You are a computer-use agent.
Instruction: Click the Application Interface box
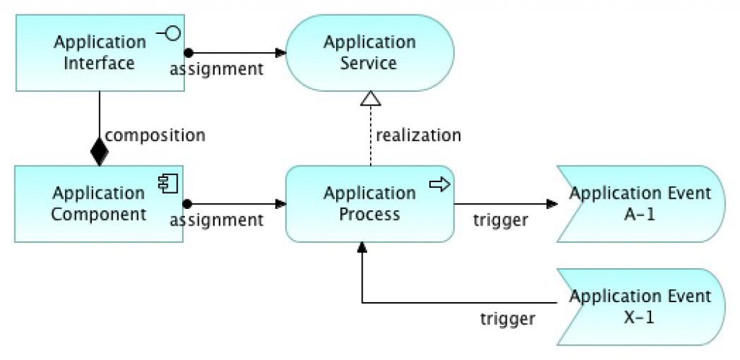(100, 53)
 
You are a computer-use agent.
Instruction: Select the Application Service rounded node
(369, 53)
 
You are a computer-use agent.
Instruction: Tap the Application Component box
(98, 204)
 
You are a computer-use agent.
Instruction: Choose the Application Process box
(369, 204)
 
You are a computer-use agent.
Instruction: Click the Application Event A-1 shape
(641, 204)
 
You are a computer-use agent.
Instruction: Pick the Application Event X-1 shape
(641, 307)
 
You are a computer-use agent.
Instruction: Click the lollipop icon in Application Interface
(168, 33)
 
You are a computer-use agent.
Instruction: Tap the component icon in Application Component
(168, 184)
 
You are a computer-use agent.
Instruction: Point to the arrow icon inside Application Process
(440, 184)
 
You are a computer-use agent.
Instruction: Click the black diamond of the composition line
(99, 152)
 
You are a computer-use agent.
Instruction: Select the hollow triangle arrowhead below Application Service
(371, 98)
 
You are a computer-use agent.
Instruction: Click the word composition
(155, 135)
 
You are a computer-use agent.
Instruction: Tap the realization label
(418, 135)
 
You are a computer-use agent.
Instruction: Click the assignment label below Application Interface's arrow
(216, 69)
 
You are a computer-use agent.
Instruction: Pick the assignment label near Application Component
(216, 220)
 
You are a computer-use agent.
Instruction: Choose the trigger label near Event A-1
(500, 220)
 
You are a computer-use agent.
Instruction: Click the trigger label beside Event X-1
(508, 319)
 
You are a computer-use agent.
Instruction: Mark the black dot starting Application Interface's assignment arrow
(189, 53)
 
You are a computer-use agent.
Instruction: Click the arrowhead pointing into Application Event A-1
(552, 204)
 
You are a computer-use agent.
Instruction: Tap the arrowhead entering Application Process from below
(361, 247)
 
